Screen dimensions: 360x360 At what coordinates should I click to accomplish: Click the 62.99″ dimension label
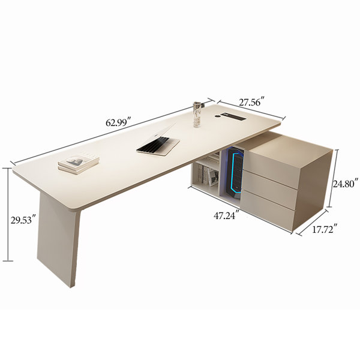pos(118,122)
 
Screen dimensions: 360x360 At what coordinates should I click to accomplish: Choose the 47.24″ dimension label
pos(227,215)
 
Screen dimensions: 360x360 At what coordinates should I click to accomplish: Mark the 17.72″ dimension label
pos(325,229)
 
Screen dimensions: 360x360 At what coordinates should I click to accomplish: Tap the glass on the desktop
pos(197,114)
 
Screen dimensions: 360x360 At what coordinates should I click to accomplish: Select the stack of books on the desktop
pos(79,163)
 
